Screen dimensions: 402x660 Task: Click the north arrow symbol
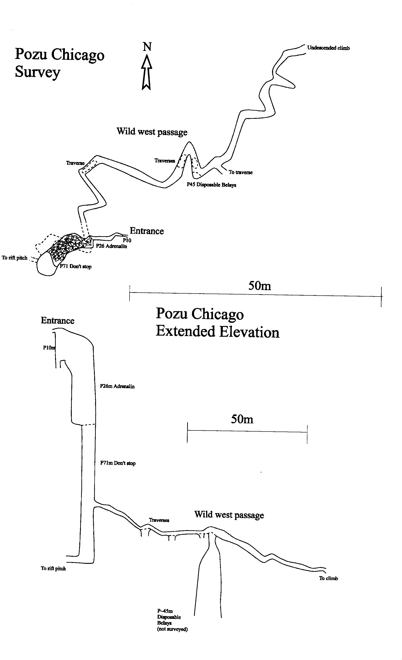pyautogui.click(x=146, y=72)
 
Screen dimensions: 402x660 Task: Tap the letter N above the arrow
pyautogui.click(x=147, y=47)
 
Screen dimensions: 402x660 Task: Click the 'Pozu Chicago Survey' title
pyautogui.click(x=59, y=63)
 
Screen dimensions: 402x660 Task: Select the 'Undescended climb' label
pyautogui.click(x=328, y=48)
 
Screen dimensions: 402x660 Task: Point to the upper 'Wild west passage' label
pyautogui.click(x=152, y=132)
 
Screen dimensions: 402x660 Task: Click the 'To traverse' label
pyautogui.click(x=241, y=172)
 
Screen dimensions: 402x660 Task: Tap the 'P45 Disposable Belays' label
pyautogui.click(x=211, y=185)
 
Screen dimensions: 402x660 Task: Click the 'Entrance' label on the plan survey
pyautogui.click(x=146, y=231)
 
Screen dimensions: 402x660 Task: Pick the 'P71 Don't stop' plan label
pyautogui.click(x=76, y=267)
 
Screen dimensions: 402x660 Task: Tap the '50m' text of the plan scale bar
pyautogui.click(x=259, y=286)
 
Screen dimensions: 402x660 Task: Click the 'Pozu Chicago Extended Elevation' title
pyautogui.click(x=218, y=323)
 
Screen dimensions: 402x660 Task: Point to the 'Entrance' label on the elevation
pyautogui.click(x=58, y=321)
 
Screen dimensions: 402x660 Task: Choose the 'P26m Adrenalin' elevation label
pyautogui.click(x=117, y=386)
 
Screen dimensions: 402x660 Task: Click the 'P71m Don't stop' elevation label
pyautogui.click(x=118, y=463)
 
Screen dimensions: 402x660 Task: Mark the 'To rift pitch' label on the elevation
pyautogui.click(x=53, y=568)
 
